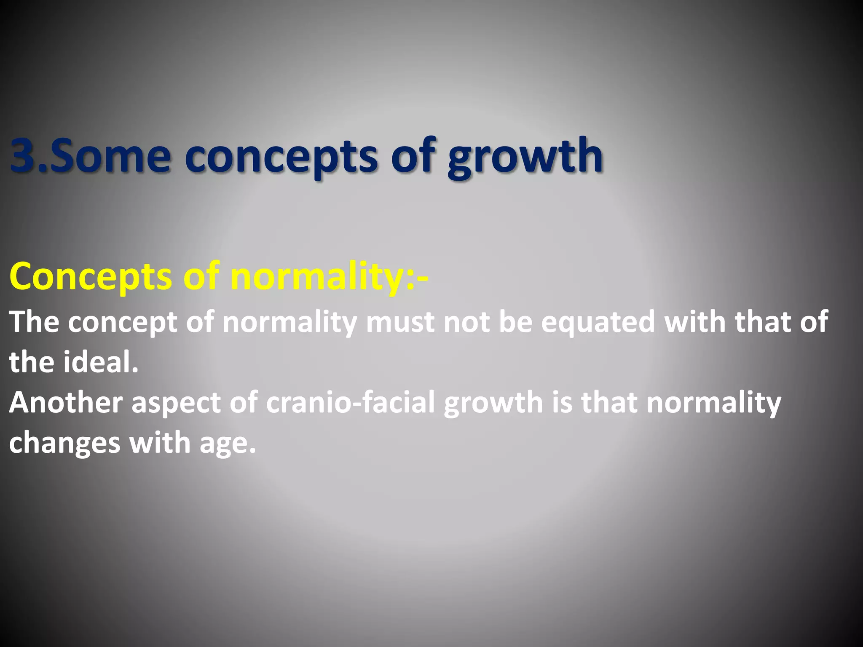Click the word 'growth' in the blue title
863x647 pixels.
525,157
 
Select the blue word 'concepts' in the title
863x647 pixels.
281,157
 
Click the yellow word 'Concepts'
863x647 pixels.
91,277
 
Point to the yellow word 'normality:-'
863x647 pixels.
329,277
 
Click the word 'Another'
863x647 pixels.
66,403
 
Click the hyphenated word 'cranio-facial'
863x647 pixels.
350,403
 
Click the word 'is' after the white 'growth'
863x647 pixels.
562,403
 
